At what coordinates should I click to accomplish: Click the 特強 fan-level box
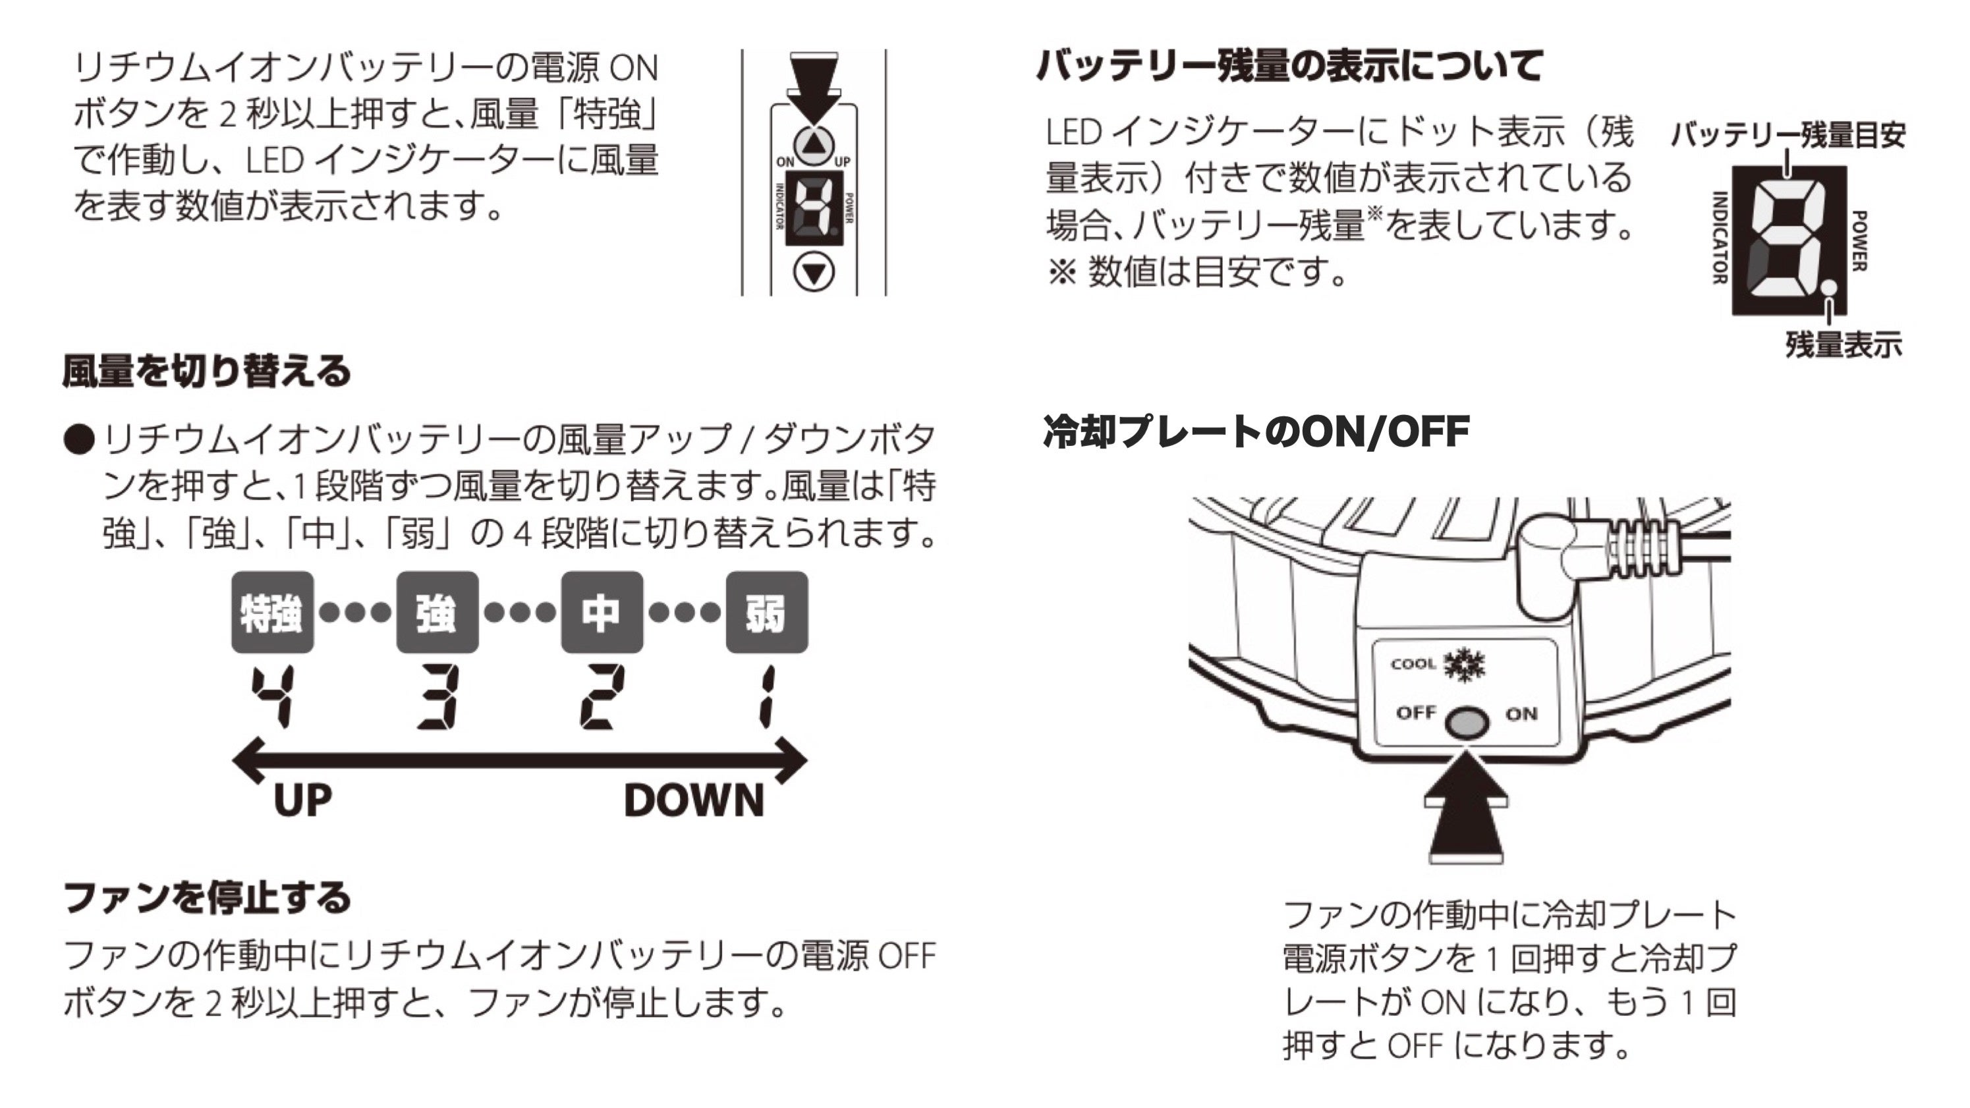click(x=272, y=613)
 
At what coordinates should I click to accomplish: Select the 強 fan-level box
click(x=437, y=613)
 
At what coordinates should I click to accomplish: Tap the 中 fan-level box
click(x=602, y=613)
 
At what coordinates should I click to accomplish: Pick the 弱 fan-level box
click(x=766, y=613)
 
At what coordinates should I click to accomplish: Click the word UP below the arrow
click(x=302, y=800)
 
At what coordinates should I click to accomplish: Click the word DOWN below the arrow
click(x=694, y=800)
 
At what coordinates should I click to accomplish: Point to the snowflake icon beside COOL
click(x=1464, y=664)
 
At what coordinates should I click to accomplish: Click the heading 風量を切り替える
click(x=206, y=371)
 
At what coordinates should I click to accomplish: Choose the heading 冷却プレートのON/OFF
click(x=1256, y=431)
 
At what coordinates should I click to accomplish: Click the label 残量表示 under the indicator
click(x=1843, y=345)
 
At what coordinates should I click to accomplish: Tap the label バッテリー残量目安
click(x=1787, y=135)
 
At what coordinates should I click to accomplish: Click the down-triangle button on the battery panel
click(x=814, y=273)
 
